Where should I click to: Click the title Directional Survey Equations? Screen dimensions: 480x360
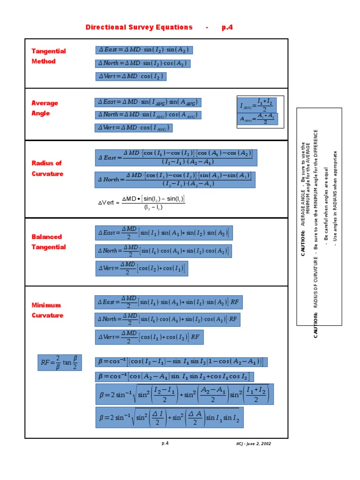tap(139, 27)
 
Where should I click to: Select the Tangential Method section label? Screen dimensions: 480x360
tap(49, 56)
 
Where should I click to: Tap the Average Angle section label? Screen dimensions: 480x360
tap(45, 108)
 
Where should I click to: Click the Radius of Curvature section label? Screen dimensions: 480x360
tap(47, 168)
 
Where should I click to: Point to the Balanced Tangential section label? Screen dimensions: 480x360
tap(49, 242)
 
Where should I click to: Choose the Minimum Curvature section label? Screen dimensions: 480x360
tap(47, 310)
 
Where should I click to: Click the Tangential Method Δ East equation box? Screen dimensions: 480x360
tap(144, 50)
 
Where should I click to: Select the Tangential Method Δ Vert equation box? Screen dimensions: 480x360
tap(131, 76)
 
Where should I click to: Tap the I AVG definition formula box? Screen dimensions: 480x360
tap(257, 105)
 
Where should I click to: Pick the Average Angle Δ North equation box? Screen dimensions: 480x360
tap(148, 115)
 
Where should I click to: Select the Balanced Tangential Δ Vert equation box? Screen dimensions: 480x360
tap(142, 269)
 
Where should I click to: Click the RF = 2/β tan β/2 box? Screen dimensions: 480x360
tap(60, 362)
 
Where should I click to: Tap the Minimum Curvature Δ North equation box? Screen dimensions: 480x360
tap(168, 320)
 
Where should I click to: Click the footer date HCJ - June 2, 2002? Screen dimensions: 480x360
tap(254, 443)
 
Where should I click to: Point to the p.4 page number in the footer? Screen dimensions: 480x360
tap(165, 443)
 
